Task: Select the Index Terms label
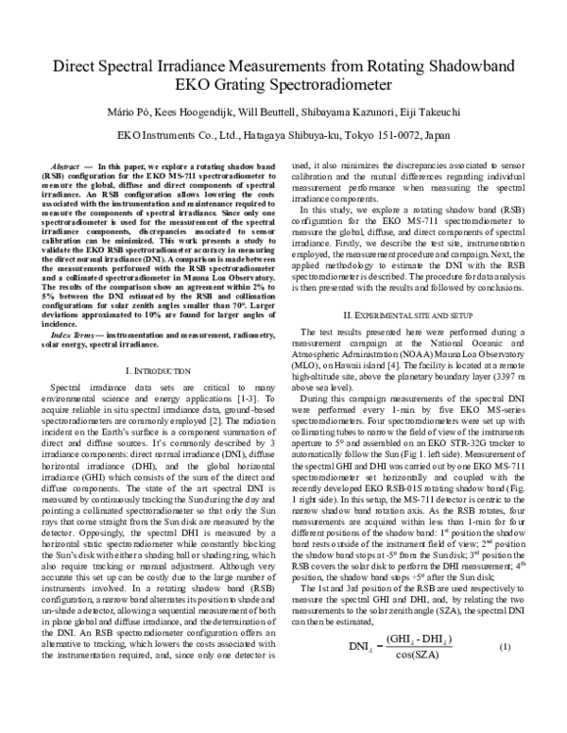[x=74, y=309]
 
